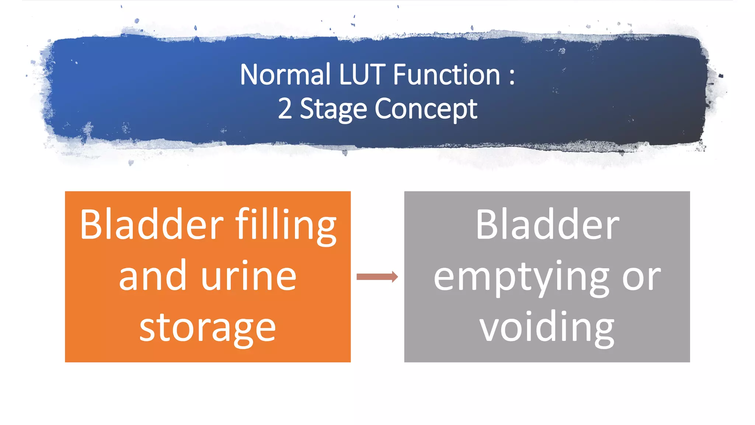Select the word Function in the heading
446,75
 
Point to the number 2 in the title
285,109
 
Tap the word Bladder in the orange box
152,224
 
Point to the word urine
249,276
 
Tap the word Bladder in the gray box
547,224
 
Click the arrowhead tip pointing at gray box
397,277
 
